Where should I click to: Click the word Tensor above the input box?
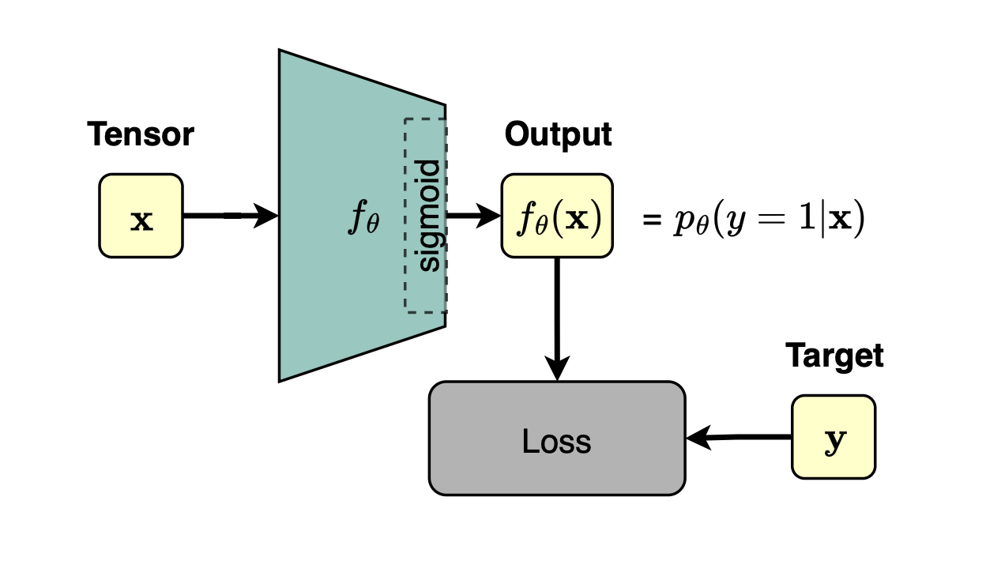[141, 134]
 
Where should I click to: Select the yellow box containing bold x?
[141, 216]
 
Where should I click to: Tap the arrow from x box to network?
[231, 216]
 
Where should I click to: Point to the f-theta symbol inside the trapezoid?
[363, 216]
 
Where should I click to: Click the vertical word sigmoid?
[428, 216]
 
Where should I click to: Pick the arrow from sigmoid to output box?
[473, 216]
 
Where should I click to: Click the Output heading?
[558, 135]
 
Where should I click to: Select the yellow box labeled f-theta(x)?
[557, 216]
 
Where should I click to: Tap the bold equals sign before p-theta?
[652, 220]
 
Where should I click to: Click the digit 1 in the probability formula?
[807, 217]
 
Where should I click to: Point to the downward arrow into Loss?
[557, 319]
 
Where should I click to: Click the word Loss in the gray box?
[556, 441]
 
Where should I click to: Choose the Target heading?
[834, 356]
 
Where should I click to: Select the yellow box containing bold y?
[834, 437]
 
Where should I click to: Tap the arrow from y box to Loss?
[739, 437]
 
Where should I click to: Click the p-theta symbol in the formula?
[691, 220]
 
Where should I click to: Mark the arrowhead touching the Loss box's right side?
[698, 438]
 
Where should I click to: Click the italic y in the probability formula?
[736, 221]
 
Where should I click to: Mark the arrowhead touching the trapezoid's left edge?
[266, 216]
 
